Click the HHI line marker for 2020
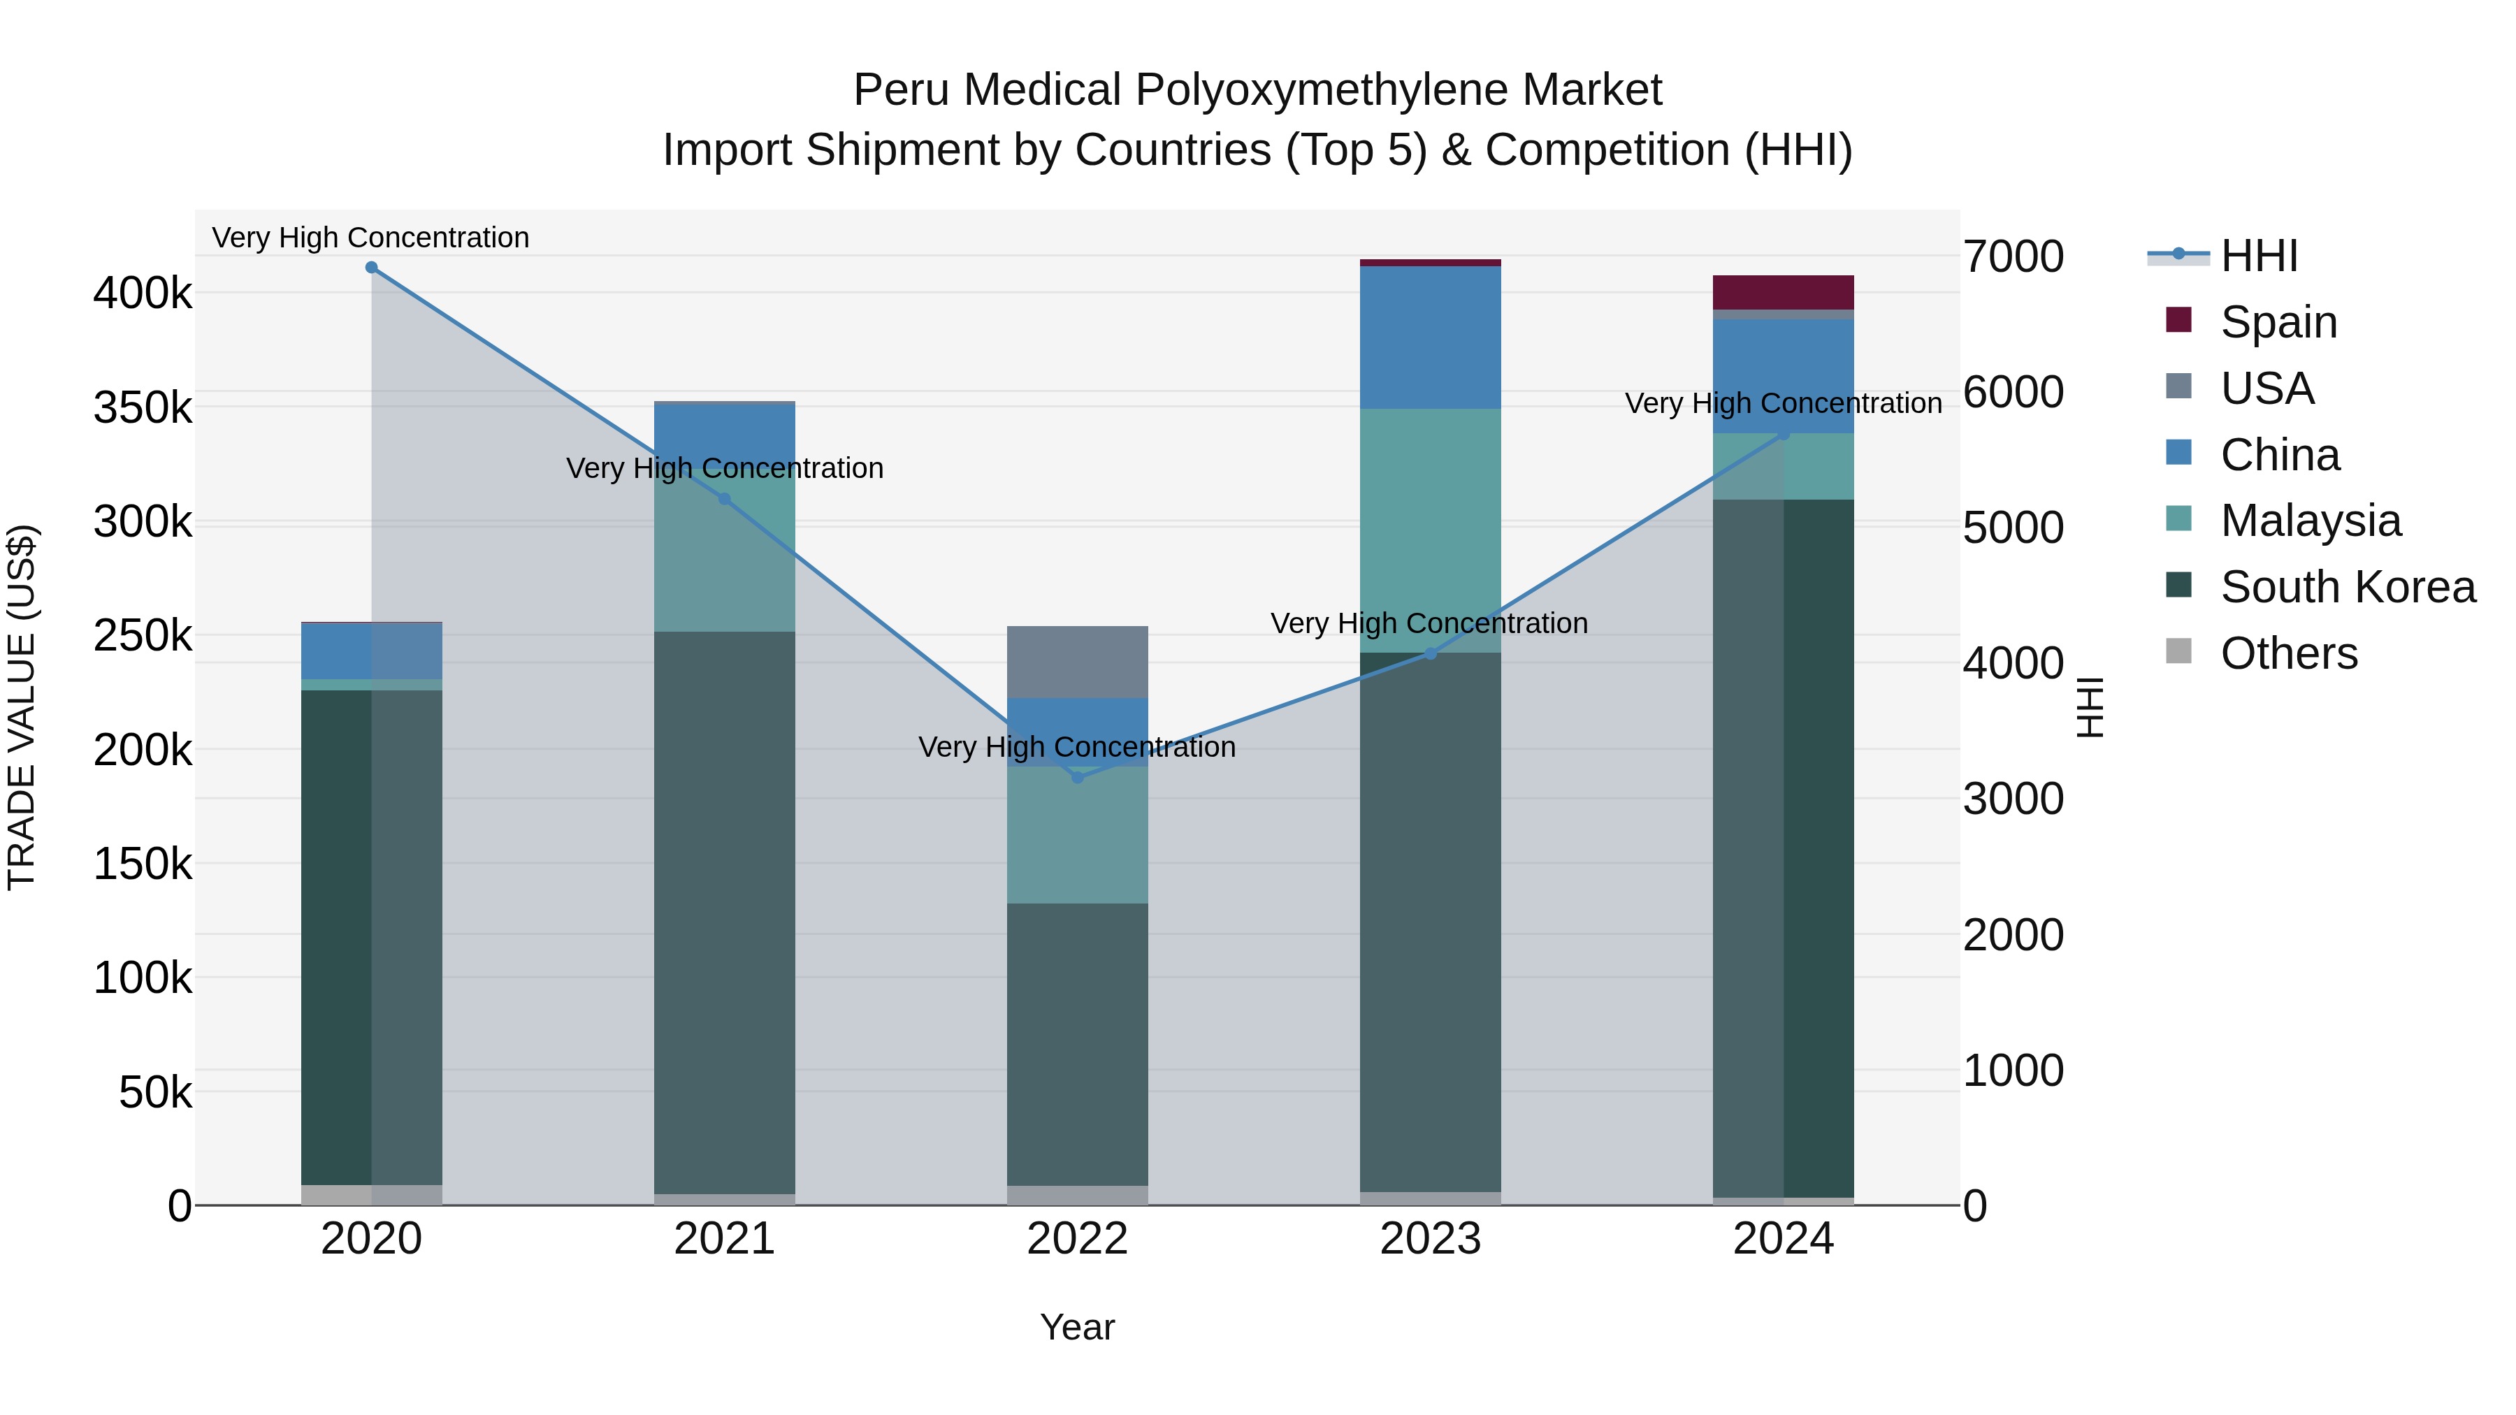[371, 268]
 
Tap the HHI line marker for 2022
[1077, 777]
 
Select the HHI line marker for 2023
[1431, 653]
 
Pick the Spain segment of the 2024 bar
[1784, 292]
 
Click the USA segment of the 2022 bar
[1077, 662]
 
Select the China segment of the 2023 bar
[1431, 337]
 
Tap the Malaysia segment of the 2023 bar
[1431, 530]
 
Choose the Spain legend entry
[2278, 322]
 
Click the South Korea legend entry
[2347, 587]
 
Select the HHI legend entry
[2258, 256]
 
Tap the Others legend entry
[2288, 653]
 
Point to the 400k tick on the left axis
[143, 292]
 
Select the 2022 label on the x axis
[1077, 1239]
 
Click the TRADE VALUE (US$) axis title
[22, 707]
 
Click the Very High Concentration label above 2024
[1784, 403]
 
